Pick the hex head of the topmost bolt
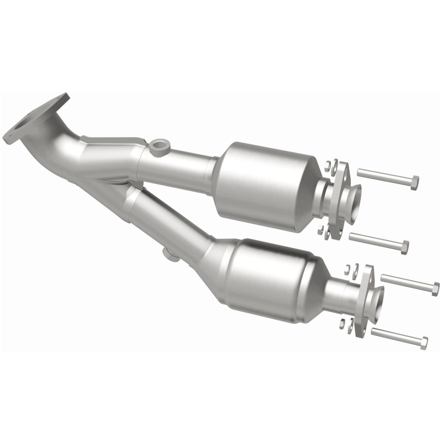tap(414, 182)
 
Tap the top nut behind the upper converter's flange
tap(328, 164)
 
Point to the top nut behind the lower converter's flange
tap(349, 269)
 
